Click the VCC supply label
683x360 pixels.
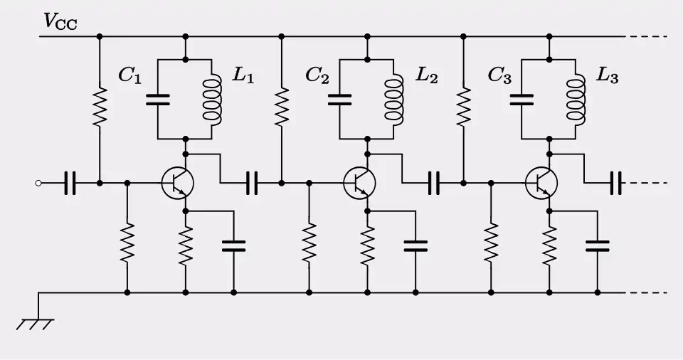60,21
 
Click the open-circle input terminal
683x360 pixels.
38,184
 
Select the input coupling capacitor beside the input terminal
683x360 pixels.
69,184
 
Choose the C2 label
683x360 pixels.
317,74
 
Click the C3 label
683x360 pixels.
499,74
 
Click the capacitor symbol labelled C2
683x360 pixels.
340,99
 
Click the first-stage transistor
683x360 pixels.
176,183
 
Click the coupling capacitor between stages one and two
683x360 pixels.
252,184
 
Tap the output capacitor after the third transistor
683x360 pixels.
616,184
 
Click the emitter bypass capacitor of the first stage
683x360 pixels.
233,245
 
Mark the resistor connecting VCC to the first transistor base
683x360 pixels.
100,107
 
